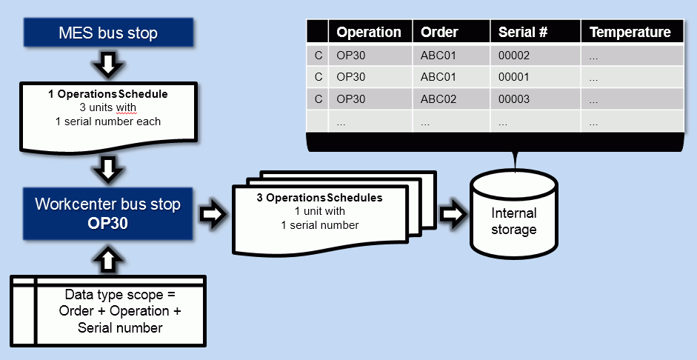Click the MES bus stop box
[x=108, y=34]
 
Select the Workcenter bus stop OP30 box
[x=108, y=213]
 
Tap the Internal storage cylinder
[x=513, y=215]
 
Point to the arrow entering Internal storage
[x=451, y=214]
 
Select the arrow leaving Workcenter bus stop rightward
[x=212, y=214]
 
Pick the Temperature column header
[x=630, y=32]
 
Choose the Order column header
[x=439, y=32]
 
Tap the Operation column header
[x=369, y=32]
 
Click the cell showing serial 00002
[x=514, y=55]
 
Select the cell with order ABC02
[x=438, y=99]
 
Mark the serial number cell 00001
[x=514, y=77]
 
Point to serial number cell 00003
[x=514, y=99]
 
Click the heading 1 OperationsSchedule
[x=108, y=95]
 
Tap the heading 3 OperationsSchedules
[x=319, y=199]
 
